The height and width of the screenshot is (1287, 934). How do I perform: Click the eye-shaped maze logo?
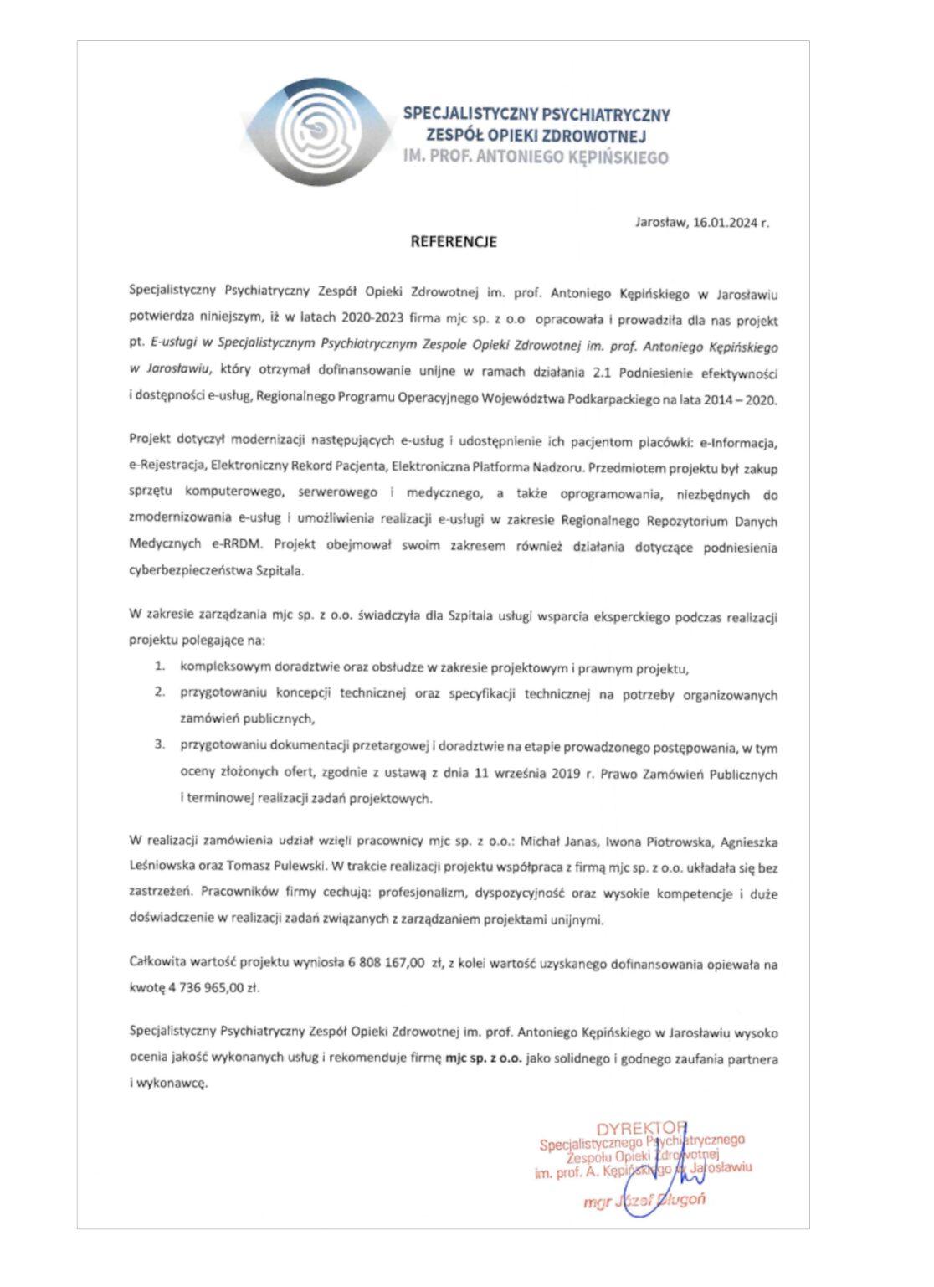pyautogui.click(x=319, y=132)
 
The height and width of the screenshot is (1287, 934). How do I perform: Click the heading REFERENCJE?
pyautogui.click(x=454, y=242)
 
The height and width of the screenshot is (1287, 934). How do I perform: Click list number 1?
pyautogui.click(x=159, y=667)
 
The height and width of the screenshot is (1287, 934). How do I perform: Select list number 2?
pyautogui.click(x=159, y=692)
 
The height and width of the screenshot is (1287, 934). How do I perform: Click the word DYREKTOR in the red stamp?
pyautogui.click(x=641, y=1129)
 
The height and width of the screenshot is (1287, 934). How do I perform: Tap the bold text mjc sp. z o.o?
pyautogui.click(x=483, y=1058)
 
